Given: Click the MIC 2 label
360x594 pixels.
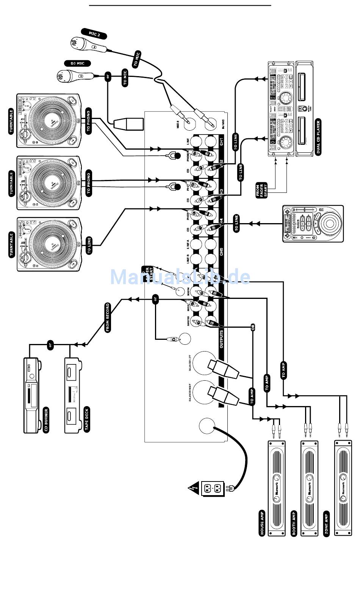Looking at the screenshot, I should coord(94,34).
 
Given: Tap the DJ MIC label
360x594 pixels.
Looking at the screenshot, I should coord(77,63).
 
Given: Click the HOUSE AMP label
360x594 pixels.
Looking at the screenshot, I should coord(262,523).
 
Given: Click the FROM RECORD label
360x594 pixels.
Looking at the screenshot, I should coord(108,317).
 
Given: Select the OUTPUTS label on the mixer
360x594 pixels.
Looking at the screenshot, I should coord(221,338).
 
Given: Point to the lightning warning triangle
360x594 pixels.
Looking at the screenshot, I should coord(194,489).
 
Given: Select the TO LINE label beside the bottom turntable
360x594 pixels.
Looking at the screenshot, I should coord(89,245).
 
